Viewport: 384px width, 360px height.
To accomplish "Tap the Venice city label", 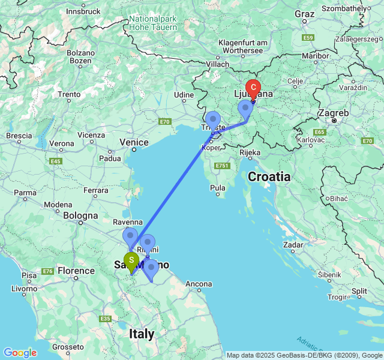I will pos(134,142).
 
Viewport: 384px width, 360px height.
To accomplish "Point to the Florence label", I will pos(76,271).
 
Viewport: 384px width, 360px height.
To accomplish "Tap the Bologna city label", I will pos(81,216).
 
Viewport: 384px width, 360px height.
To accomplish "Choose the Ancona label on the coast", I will pos(198,284).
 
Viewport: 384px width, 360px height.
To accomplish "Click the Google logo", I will pos(20,353).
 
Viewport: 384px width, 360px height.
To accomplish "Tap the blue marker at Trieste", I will pos(212,119).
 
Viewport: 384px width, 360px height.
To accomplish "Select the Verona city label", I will pos(62,144).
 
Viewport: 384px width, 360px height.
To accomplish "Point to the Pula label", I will pos(217,188).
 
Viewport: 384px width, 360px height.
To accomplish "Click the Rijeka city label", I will pos(250,153).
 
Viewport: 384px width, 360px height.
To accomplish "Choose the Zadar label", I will pos(294,245).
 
